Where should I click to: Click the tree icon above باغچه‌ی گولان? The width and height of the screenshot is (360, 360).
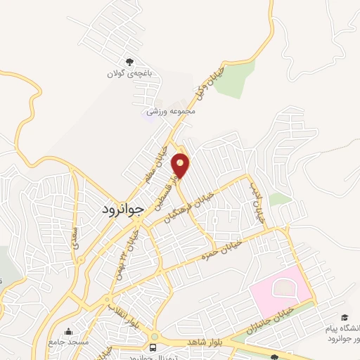[x=129, y=62]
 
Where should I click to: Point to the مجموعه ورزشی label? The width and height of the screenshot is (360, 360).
[x=170, y=111]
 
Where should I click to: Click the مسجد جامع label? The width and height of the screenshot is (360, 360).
[x=69, y=342]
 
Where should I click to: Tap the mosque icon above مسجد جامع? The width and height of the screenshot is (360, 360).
[x=69, y=331]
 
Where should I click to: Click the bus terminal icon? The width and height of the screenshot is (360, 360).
[x=153, y=347]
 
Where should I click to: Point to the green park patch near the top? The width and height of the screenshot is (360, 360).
[x=236, y=81]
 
